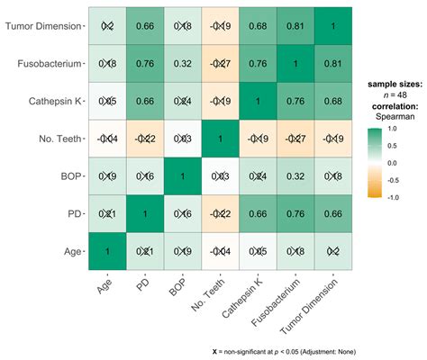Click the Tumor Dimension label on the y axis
click(43, 27)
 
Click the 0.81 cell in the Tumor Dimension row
click(291, 27)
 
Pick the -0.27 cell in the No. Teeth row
click(291, 138)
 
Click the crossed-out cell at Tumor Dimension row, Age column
click(107, 27)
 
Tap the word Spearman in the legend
click(390, 119)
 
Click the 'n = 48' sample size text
click(390, 95)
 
